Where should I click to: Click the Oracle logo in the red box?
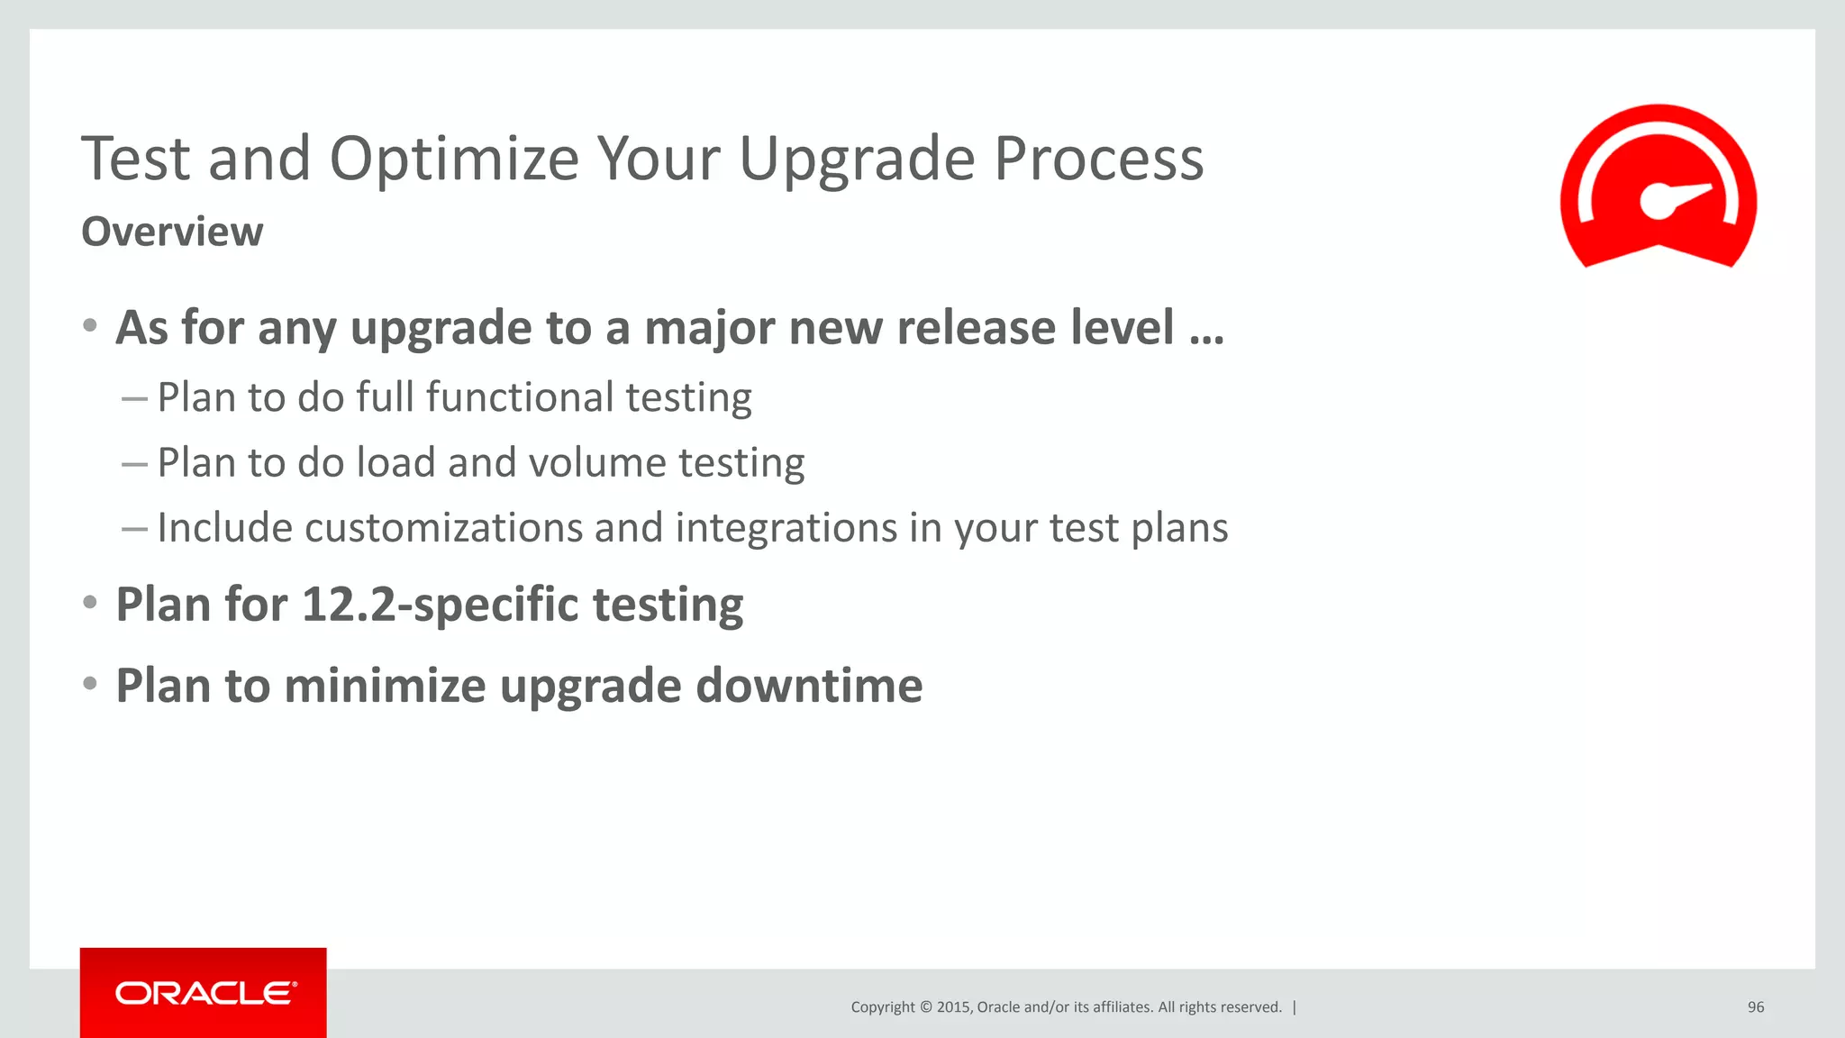click(204, 993)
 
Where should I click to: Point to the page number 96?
click(1755, 1007)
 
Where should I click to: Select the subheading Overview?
click(172, 232)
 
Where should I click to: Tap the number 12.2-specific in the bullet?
click(441, 605)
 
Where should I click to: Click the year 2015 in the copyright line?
click(953, 1007)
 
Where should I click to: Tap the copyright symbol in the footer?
click(924, 1007)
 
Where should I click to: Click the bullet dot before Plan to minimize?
click(89, 684)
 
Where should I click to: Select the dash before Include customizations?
click(134, 529)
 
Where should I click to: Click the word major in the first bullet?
click(709, 328)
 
